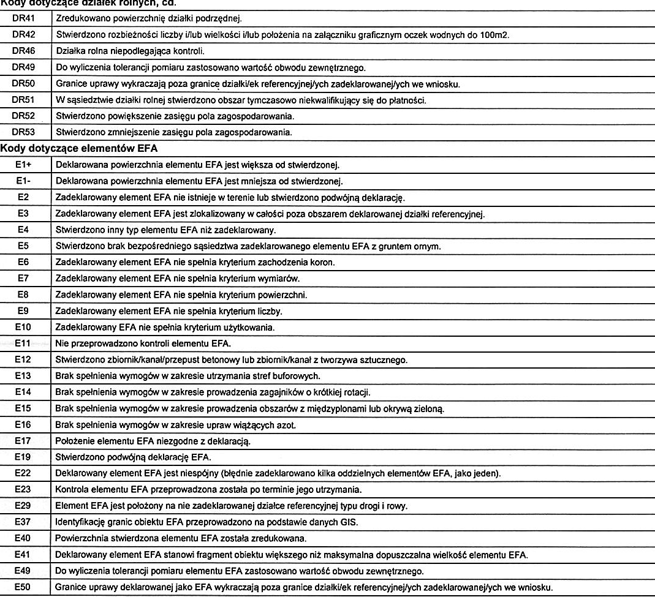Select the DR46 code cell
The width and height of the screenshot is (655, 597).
pyautogui.click(x=23, y=50)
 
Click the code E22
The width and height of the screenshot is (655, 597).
pyautogui.click(x=23, y=473)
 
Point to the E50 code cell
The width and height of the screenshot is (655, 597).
pyautogui.click(x=23, y=587)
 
